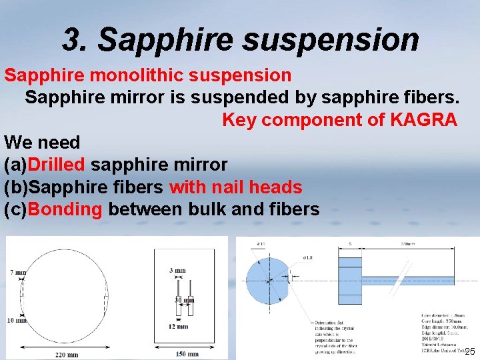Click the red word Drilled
click(57, 164)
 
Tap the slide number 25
click(469, 351)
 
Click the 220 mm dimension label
click(67, 355)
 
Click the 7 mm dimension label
click(18, 273)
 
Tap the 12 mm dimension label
click(178, 327)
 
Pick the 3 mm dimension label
click(178, 271)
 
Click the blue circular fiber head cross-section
click(267, 280)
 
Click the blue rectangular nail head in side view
click(350, 280)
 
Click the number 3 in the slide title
click(71, 40)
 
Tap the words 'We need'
click(42, 142)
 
